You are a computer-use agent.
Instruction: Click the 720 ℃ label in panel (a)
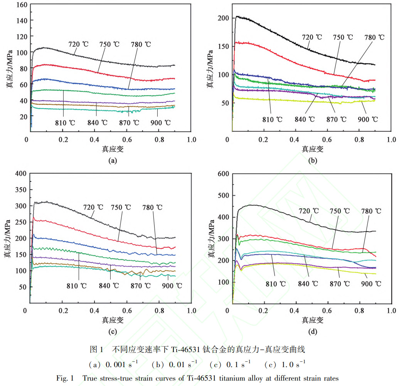click(x=78, y=44)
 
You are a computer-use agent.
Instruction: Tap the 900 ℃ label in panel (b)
click(x=368, y=119)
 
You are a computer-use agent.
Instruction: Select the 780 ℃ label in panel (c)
click(x=152, y=207)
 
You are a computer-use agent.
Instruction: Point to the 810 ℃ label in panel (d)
click(x=276, y=284)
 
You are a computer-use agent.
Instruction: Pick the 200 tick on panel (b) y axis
click(x=224, y=18)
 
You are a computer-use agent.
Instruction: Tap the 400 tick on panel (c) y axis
click(x=20, y=174)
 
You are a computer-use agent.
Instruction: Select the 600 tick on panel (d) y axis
click(x=224, y=174)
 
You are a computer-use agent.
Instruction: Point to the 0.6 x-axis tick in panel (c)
click(x=127, y=311)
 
